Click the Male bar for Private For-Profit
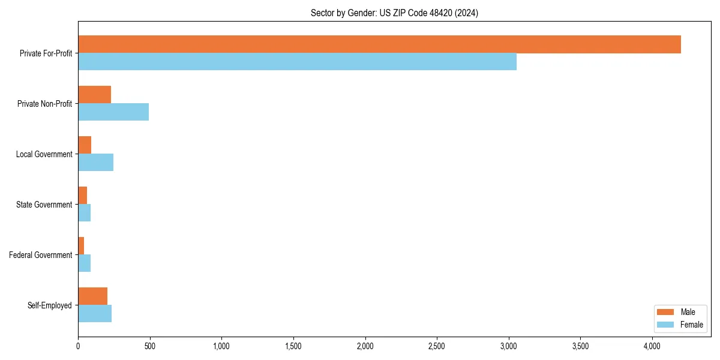click(x=379, y=44)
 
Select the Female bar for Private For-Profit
click(x=297, y=62)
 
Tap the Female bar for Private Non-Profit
click(x=113, y=112)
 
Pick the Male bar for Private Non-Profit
click(x=94, y=95)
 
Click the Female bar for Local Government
click(x=95, y=163)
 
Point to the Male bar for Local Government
click(x=85, y=145)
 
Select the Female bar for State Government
click(x=84, y=213)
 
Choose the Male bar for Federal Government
click(x=81, y=246)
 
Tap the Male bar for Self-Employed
click(x=92, y=296)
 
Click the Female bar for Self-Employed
click(x=95, y=314)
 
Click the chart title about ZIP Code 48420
click(x=394, y=13)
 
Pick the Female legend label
click(x=692, y=325)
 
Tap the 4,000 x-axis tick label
click(x=652, y=346)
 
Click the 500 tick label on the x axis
click(x=150, y=346)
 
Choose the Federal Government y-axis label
click(x=40, y=255)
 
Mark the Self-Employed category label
click(x=49, y=305)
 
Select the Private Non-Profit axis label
click(x=44, y=104)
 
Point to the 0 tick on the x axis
click(x=78, y=346)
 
